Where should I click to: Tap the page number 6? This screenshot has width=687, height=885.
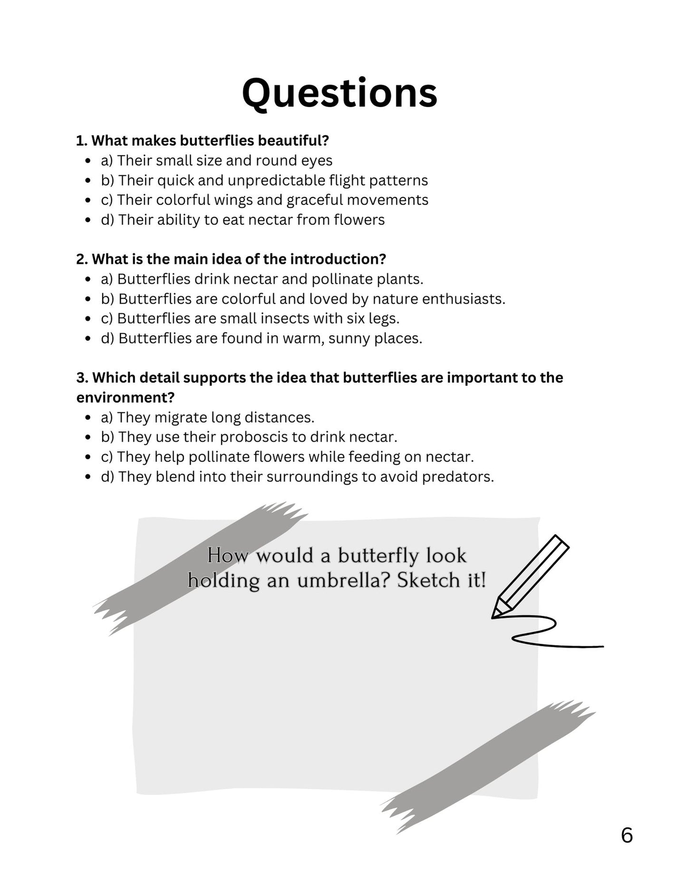627,835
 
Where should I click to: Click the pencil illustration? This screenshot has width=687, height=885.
531,576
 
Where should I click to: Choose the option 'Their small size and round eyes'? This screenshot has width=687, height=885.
224,161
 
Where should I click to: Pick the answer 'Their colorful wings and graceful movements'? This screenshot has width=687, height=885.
272,200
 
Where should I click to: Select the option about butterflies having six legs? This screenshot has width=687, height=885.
258,319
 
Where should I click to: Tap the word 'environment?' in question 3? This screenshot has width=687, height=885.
126,397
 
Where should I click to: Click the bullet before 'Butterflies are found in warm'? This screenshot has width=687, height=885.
87,339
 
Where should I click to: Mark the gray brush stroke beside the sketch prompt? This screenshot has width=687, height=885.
200,566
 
